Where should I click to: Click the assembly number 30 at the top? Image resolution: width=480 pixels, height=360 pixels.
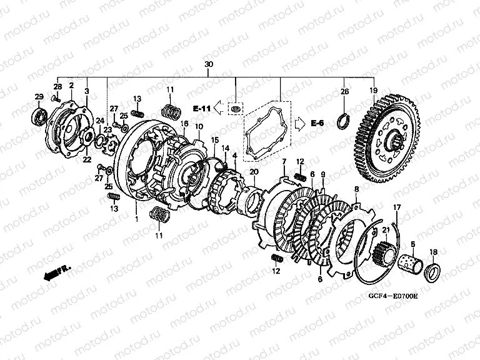(209, 64)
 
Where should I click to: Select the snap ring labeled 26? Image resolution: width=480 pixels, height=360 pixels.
(343, 121)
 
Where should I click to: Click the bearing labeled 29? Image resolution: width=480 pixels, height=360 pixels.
(40, 116)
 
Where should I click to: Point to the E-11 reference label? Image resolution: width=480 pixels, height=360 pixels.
(201, 108)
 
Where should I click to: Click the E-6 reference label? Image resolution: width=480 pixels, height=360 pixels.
(317, 123)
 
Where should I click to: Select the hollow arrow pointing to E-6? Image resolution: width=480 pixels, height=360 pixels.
(300, 124)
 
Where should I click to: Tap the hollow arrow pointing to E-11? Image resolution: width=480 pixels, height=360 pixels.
(219, 107)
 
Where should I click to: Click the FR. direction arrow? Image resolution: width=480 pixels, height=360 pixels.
(57, 272)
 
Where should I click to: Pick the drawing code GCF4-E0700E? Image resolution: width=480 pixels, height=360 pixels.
(393, 296)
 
